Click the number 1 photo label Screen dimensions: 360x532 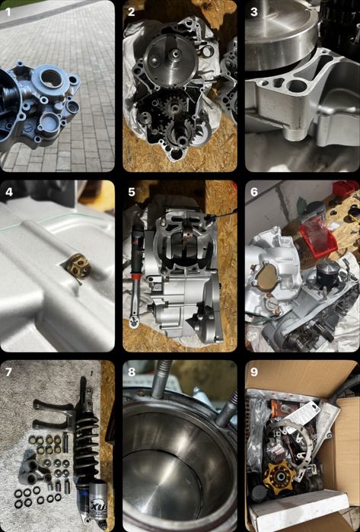tap(8, 12)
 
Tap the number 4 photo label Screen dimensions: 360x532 tap(9, 192)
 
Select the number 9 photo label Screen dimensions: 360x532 tap(253, 372)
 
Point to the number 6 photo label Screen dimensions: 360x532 tap(254, 192)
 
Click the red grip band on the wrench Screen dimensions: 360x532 tap(135, 278)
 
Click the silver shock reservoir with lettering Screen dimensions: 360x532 tap(97, 499)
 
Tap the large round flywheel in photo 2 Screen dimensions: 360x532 tap(171, 60)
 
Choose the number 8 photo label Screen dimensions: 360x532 tap(132, 372)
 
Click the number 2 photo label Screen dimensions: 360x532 tap(132, 12)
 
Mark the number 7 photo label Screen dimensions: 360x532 tap(8, 372)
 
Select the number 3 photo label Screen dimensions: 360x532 tap(253, 12)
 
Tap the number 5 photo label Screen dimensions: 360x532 tap(132, 192)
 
